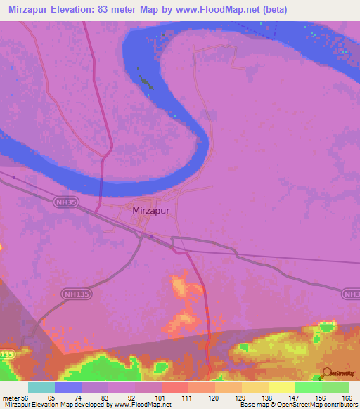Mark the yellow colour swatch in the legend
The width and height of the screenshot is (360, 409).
click(x=281, y=387)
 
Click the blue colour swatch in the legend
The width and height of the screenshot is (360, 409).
click(x=68, y=387)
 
